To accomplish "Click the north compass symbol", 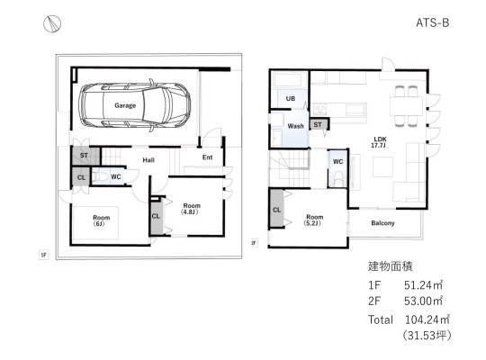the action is tap(52, 24).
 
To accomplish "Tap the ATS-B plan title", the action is tap(433, 22).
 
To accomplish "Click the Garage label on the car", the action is tap(125, 105).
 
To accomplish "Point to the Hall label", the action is tap(148, 160).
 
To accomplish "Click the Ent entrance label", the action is tap(207, 157).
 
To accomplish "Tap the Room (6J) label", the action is tap(102, 220).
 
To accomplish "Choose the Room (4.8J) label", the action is tap(191, 209).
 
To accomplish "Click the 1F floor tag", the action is tap(44, 255).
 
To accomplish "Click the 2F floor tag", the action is tap(254, 243).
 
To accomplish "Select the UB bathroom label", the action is tap(291, 99).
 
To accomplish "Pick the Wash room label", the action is tap(295, 126).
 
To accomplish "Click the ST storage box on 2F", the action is tap(319, 125).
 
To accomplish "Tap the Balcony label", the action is tap(382, 223).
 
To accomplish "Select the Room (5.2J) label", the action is tap(314, 220).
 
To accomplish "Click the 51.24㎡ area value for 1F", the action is tap(423, 285).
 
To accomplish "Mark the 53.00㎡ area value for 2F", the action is tap(423, 301).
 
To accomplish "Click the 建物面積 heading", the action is tap(391, 266).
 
